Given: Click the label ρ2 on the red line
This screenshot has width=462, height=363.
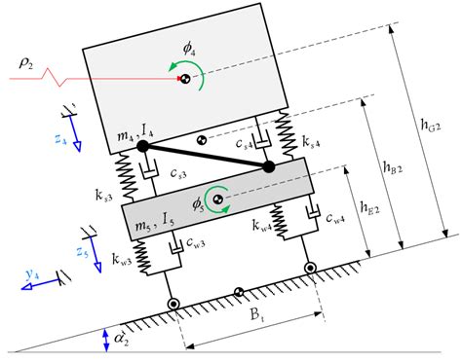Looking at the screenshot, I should click(x=26, y=64).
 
